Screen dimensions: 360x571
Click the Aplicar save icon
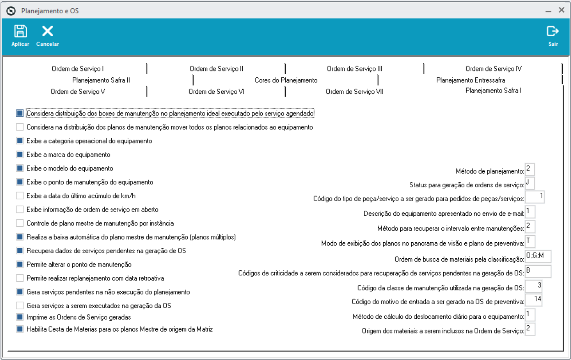[20, 32]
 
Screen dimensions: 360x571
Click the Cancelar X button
[48, 32]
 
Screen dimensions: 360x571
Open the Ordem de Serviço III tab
[354, 69]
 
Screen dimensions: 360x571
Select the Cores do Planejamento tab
[286, 80]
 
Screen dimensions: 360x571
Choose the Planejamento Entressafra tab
[470, 80]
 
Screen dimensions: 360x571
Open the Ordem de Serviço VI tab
[216, 92]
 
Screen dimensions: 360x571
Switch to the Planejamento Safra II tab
[101, 80]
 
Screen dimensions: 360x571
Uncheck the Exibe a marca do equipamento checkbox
[20, 155]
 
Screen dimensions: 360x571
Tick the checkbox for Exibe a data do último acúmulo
[20, 196]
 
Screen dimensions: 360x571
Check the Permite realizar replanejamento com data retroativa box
[20, 278]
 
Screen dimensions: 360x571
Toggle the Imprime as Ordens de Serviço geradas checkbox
[20, 317]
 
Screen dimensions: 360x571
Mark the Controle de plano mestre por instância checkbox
[20, 224]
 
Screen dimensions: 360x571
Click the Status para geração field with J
[530, 184]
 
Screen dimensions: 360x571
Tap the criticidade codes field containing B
[538, 271]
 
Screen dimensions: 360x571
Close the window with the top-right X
[561, 10]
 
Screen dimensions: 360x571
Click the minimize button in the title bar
[549, 10]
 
